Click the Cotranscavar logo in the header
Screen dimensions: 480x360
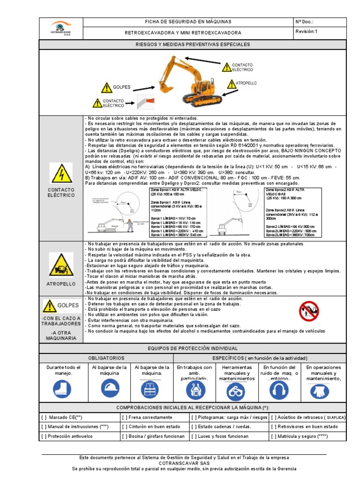tap(60, 28)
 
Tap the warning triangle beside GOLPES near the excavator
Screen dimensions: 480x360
tap(105, 87)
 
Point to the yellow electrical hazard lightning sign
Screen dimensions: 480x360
tap(61, 173)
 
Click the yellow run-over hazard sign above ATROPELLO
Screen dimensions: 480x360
tap(61, 265)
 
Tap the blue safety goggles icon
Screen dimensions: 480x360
tap(237, 390)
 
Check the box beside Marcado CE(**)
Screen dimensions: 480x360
tap(44, 417)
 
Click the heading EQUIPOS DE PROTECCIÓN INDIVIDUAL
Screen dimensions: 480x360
tap(192, 348)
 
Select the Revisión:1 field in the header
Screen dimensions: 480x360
tap(307, 31)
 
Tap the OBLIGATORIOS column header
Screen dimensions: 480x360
tap(106, 358)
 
